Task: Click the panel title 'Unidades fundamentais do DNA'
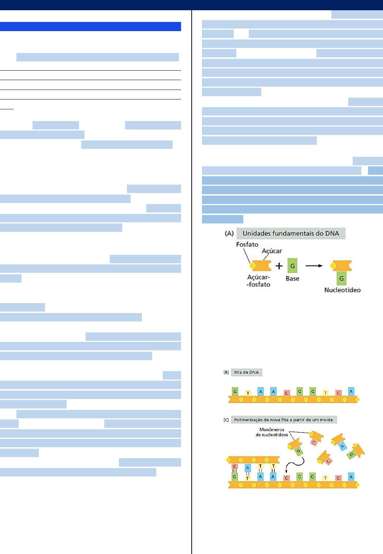tap(291, 233)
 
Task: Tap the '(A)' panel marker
tap(229, 233)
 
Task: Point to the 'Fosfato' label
tap(247, 244)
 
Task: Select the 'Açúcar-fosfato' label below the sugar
tap(259, 281)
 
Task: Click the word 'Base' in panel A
tap(292, 278)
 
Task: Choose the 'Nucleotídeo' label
tap(342, 290)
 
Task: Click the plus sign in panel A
tap(279, 266)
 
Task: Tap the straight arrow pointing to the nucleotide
tap(314, 266)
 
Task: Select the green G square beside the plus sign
tap(292, 266)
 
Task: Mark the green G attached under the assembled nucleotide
tap(341, 279)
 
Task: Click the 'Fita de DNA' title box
tap(247, 372)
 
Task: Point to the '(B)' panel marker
tap(226, 372)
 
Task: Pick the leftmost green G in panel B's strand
tap(235, 392)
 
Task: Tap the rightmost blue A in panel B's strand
tap(351, 392)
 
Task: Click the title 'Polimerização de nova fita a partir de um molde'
tap(284, 420)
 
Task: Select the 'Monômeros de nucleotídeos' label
tap(272, 432)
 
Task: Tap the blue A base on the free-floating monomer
tap(342, 446)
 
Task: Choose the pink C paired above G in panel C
tap(235, 467)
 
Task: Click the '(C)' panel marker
tap(226, 420)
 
